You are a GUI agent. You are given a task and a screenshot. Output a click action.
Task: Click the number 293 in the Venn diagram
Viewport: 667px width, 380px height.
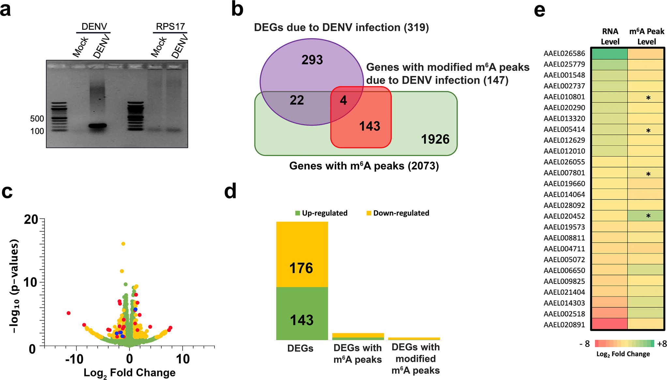point(312,60)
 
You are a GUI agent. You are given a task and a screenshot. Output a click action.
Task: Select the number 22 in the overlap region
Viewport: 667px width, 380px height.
point(297,100)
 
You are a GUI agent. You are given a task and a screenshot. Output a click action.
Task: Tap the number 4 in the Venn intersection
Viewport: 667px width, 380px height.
point(343,100)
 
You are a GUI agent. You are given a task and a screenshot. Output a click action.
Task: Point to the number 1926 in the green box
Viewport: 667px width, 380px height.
point(435,139)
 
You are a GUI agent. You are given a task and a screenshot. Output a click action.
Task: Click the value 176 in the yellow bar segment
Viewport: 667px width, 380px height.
point(301,268)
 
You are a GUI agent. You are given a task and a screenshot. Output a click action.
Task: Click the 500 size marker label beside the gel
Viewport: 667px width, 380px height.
point(37,118)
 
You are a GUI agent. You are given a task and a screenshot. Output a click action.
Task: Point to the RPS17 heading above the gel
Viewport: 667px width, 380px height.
point(170,26)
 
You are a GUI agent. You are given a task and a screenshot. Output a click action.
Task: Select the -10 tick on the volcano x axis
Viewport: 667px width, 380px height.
point(74,359)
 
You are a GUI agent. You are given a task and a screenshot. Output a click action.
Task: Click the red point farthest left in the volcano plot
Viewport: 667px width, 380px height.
point(68,313)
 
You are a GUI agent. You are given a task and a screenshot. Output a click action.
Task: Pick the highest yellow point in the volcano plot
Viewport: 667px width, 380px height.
point(123,244)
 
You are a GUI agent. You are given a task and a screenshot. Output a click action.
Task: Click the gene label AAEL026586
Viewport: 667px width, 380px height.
point(564,53)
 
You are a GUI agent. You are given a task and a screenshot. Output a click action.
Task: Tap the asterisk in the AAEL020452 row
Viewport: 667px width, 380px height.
point(648,216)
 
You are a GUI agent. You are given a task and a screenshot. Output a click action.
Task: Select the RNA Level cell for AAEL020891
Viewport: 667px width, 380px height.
point(610,325)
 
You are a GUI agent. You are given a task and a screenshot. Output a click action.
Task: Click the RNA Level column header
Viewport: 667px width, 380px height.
point(610,37)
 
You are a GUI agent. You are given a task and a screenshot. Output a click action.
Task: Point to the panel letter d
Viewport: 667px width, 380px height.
point(230,191)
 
